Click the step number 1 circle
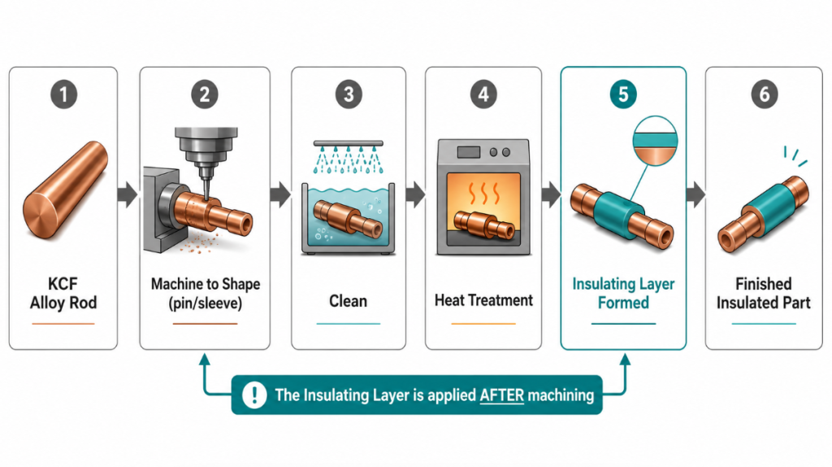click(63, 94)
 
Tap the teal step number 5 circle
click(623, 94)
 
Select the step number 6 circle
click(764, 94)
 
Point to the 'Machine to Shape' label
click(206, 284)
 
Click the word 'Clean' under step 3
click(348, 301)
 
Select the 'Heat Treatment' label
click(483, 301)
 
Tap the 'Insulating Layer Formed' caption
click(623, 293)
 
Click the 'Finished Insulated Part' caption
click(764, 293)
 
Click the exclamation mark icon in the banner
click(254, 395)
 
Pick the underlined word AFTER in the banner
click(501, 395)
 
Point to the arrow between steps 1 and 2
click(128, 194)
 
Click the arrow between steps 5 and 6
click(695, 194)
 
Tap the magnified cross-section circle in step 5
click(656, 142)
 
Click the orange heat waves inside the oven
click(484, 194)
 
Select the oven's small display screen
click(469, 152)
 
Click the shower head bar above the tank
click(348, 143)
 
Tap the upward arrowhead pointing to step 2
click(204, 360)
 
